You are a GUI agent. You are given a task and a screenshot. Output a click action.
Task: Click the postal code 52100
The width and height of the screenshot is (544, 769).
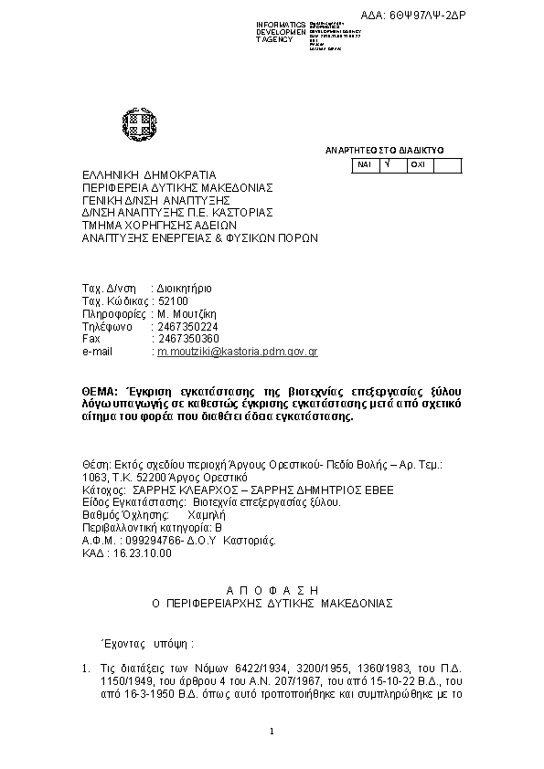click(x=173, y=300)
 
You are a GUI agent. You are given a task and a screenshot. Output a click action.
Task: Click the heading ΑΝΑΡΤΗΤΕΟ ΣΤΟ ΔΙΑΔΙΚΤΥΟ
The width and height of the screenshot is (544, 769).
click(x=384, y=149)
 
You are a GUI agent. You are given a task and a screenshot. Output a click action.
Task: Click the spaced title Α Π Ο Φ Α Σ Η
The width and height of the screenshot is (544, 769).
click(x=272, y=590)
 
